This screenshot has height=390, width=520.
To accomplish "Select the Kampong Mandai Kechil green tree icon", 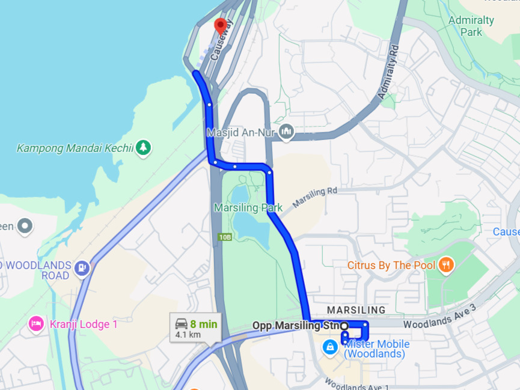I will [143, 147].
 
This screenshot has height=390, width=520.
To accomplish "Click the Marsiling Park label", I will [248, 208].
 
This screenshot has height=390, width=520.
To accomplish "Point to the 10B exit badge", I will [225, 237].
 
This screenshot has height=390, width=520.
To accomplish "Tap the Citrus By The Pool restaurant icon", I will [445, 264].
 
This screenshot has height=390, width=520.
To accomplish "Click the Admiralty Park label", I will [471, 25].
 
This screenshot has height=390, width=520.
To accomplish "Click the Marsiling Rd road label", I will [315, 198].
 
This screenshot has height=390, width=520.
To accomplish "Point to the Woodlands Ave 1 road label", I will [357, 383].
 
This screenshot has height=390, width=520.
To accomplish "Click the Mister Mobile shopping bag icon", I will [329, 347].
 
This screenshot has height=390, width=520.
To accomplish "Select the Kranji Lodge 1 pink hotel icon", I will [35, 324].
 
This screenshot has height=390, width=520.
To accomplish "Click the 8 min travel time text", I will [204, 324].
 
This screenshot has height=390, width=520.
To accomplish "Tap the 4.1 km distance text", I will [188, 334].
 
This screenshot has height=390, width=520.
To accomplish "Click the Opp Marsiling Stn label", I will [296, 326].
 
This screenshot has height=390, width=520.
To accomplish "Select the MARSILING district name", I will [356, 310].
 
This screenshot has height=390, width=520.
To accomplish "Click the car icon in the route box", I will [181, 324].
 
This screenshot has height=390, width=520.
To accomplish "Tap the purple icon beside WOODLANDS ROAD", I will [82, 267].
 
